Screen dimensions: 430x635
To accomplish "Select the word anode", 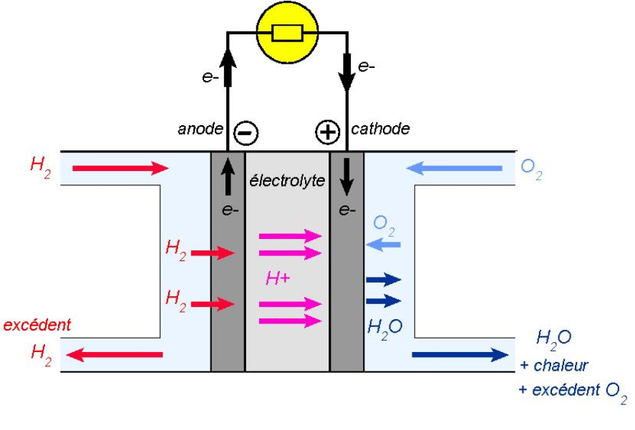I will [200, 130].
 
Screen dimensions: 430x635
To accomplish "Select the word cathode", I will [380, 130].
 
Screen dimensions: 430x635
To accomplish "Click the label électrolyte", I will [287, 182].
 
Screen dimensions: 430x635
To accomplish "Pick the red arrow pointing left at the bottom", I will [117, 354].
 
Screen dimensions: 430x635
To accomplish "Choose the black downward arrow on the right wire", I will [346, 72].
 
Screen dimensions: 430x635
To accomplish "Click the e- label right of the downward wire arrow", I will [367, 67].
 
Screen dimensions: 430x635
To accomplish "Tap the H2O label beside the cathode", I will [384, 327].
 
